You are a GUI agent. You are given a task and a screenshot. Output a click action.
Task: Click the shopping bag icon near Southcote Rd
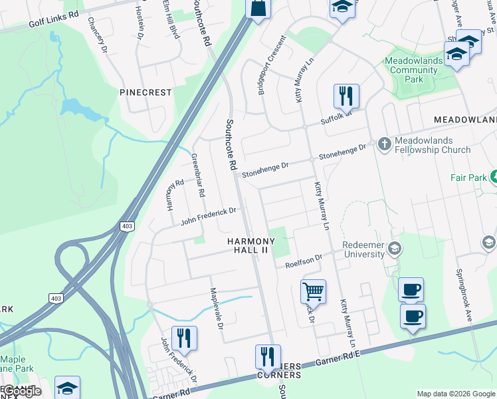point(257,8)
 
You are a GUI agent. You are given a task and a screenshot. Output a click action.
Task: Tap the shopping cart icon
point(313,291)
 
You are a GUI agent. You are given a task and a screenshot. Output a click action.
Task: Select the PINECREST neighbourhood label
point(146,92)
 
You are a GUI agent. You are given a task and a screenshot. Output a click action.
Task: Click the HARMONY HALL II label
point(250,245)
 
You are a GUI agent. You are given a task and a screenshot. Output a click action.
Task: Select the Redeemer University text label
point(363,249)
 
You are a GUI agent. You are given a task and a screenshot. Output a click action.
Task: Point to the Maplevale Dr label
point(217,302)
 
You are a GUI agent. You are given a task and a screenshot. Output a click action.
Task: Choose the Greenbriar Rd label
point(197,175)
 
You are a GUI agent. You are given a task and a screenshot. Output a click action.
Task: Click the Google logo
point(22,391)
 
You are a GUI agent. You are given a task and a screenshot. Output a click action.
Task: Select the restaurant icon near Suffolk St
point(346,96)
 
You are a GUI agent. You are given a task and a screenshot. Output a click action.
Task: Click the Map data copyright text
point(456,394)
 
